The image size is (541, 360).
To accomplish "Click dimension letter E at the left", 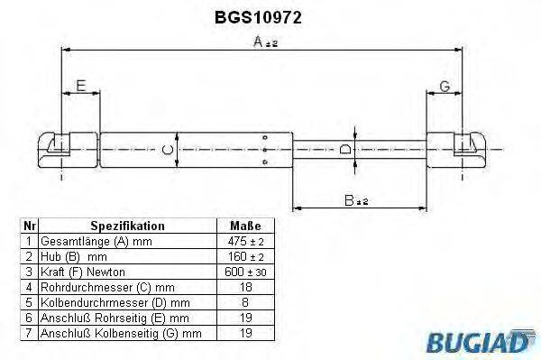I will pyautogui.click(x=80, y=87).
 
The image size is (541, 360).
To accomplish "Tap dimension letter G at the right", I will pyautogui.click(x=445, y=87).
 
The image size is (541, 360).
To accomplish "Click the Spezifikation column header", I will pyautogui.click(x=127, y=226).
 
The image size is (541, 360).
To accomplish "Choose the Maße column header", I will pyautogui.click(x=245, y=226).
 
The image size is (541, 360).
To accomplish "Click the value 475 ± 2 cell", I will pyautogui.click(x=245, y=241).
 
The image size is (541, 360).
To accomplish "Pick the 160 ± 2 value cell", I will pyautogui.click(x=245, y=256).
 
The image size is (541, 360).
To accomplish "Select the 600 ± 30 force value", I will pyautogui.click(x=245, y=272).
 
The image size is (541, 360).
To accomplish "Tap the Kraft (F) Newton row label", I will pyautogui.click(x=82, y=272).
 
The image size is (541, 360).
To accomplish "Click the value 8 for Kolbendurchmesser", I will pyautogui.click(x=245, y=302).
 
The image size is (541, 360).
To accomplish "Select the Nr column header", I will pyautogui.click(x=29, y=226).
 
